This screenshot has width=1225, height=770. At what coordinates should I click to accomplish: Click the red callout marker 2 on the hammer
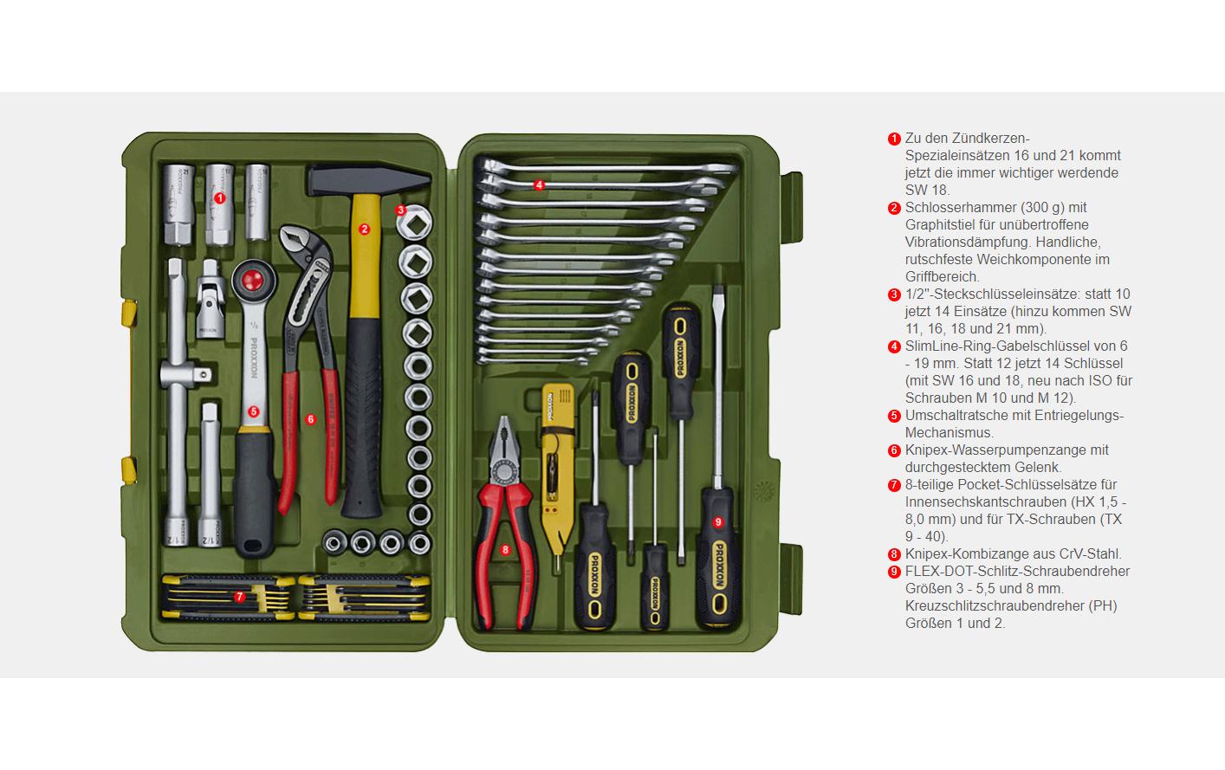(x=364, y=230)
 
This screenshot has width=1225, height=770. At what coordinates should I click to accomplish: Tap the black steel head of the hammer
(x=368, y=178)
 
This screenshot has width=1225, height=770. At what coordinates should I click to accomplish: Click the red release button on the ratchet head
(x=252, y=279)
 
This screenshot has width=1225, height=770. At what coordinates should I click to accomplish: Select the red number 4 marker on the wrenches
(x=539, y=184)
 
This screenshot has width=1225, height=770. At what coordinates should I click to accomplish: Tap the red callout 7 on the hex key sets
(x=239, y=597)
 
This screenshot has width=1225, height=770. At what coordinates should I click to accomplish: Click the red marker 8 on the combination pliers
(x=505, y=550)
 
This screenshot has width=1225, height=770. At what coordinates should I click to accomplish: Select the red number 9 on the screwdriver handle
(x=718, y=522)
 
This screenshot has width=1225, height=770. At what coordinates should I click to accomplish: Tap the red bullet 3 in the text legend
(x=894, y=294)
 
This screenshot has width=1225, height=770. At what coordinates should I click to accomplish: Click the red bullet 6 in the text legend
(x=894, y=450)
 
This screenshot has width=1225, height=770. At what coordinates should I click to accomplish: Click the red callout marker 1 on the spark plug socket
(x=220, y=198)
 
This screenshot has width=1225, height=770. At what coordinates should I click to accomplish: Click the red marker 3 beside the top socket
(x=401, y=210)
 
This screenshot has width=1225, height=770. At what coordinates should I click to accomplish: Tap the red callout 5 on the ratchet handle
(x=253, y=411)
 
